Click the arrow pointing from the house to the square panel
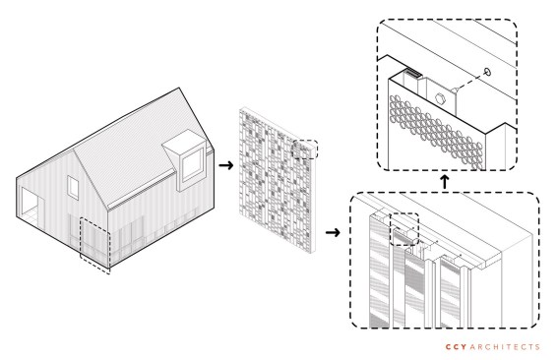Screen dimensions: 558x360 (x=226, y=165)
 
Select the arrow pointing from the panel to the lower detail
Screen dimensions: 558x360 (x=333, y=233)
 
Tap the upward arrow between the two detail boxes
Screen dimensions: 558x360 (x=444, y=182)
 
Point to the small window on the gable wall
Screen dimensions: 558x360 (x=73, y=187)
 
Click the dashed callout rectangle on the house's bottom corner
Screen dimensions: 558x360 (x=95, y=246)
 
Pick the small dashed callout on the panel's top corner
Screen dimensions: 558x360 (x=305, y=150)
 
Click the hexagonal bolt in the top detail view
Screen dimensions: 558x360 (x=440, y=98)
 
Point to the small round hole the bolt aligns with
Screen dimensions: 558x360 (x=487, y=72)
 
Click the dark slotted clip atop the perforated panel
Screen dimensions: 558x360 (x=413, y=74)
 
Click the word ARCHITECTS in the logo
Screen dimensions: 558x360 (x=505, y=347)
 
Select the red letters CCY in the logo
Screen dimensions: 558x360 (x=457, y=347)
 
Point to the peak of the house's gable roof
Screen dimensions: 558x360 (x=179, y=88)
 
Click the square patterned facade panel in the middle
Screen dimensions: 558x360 (x=278, y=180)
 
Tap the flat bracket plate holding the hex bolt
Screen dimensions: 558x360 (x=441, y=96)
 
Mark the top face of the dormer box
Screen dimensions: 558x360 (x=184, y=141)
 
